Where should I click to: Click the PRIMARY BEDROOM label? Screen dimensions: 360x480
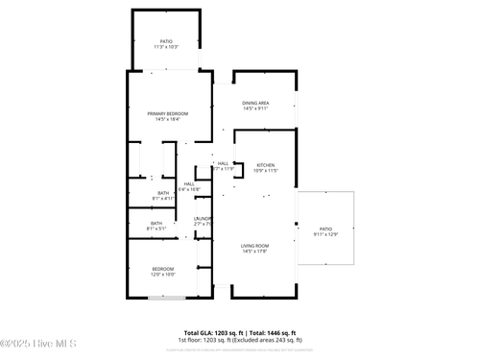coord(167,114)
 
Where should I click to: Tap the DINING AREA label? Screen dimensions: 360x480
coord(255,103)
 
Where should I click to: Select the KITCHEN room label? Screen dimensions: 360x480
coord(265,165)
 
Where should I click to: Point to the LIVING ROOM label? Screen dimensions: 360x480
coord(254,246)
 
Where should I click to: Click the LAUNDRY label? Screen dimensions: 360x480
coord(203,219)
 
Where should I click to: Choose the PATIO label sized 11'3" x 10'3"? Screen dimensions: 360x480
coord(166,41)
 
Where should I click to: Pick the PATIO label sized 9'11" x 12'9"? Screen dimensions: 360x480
coord(325,228)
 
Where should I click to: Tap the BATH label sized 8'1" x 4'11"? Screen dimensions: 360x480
coord(163,193)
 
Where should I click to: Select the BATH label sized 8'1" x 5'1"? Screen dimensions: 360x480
coord(156,224)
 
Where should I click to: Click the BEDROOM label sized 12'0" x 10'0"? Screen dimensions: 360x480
coord(162,268)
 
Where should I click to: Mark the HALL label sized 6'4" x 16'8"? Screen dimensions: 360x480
coord(189,183)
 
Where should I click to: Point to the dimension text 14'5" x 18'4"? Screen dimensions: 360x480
coord(167,120)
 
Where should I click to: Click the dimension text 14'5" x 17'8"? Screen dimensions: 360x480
coord(254,252)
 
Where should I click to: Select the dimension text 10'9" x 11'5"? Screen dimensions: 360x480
coord(265,171)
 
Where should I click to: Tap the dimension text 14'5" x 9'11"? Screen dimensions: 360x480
coord(255,108)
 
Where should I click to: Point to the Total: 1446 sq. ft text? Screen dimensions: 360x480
coord(275,332)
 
